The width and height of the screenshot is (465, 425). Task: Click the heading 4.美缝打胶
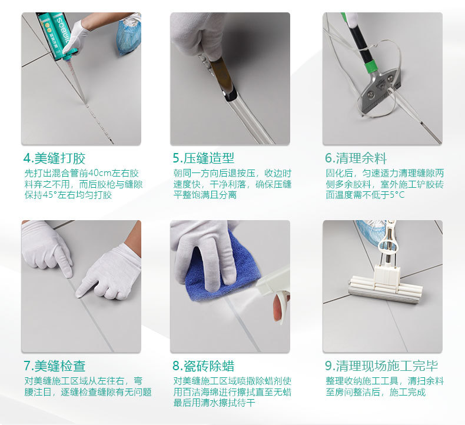tap(54, 158)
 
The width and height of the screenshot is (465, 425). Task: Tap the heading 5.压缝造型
tap(204, 158)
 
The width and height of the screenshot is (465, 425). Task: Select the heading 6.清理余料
tap(356, 158)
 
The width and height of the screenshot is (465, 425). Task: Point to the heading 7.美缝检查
tap(55, 366)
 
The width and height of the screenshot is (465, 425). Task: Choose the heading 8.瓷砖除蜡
tap(204, 366)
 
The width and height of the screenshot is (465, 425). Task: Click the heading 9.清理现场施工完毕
tap(381, 366)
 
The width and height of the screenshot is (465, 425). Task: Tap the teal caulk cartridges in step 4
tap(57, 34)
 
